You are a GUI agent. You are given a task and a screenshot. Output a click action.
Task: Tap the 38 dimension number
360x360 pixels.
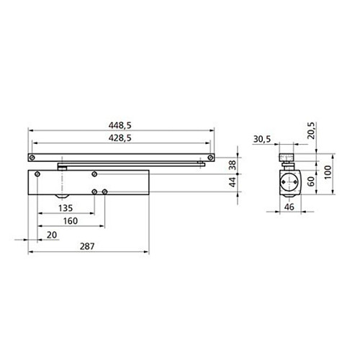(x=233, y=164)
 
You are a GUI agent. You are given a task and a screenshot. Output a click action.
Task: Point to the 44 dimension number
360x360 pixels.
(x=233, y=184)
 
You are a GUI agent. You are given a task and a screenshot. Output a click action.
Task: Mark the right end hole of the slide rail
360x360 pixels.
(x=210, y=156)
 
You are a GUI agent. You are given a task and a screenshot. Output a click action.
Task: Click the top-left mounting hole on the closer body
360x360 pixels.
(x=95, y=174)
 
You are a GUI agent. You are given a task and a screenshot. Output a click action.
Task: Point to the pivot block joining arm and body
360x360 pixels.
(x=63, y=166)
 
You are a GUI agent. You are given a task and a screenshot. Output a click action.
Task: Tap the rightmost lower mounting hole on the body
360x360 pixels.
(x=106, y=191)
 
